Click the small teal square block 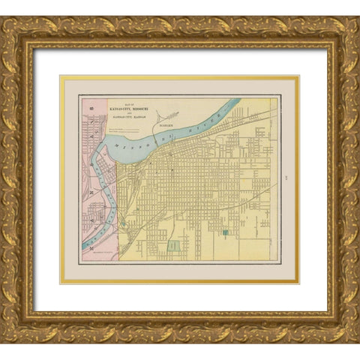(x=224, y=232)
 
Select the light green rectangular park (x=174, y=245)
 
